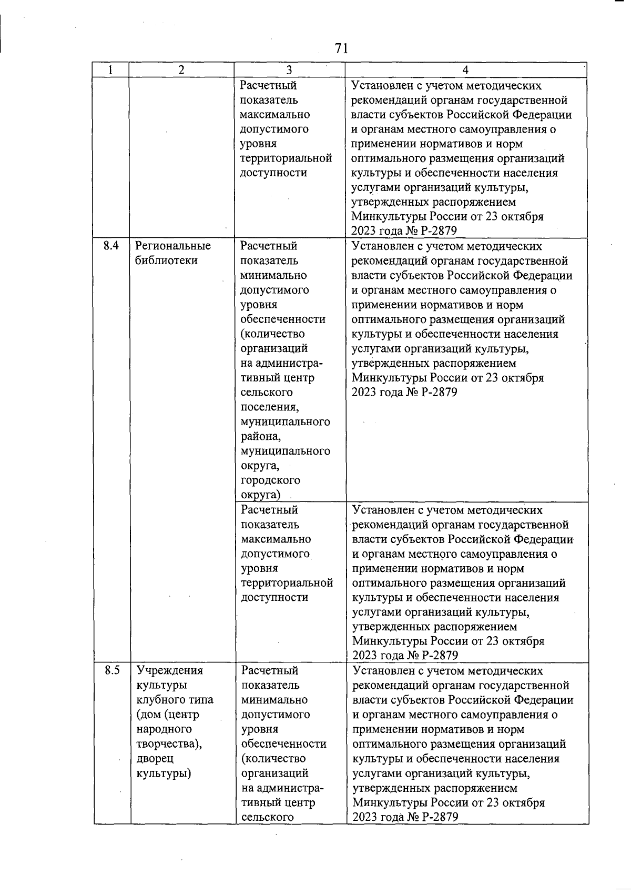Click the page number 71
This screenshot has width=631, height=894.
[341, 48]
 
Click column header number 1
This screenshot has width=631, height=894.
[111, 70]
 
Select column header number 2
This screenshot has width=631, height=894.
[181, 70]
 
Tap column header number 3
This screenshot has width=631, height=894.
[289, 70]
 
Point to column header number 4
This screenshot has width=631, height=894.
[465, 70]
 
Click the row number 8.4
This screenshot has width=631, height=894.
[111, 246]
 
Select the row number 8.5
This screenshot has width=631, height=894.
[112, 670]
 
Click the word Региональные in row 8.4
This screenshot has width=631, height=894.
[172, 246]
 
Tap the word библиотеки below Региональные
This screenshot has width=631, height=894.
[166, 260]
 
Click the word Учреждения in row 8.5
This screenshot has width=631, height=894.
[169, 670]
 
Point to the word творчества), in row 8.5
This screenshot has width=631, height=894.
[169, 744]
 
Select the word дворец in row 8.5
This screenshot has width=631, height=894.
[155, 759]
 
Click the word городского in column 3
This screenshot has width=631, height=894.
[270, 480]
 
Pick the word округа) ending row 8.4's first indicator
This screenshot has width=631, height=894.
[260, 495]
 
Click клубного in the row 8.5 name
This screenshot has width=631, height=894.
[160, 700]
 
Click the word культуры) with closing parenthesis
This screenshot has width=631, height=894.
[164, 774]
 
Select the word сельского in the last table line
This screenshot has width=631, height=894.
[267, 817]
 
